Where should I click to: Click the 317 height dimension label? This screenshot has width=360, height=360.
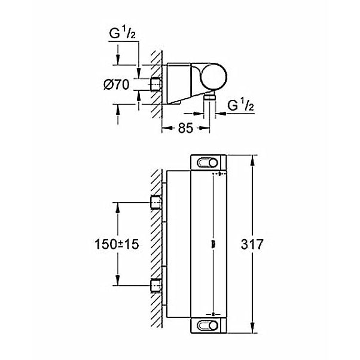click(x=252, y=244)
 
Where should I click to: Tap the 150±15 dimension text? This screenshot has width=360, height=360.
click(x=117, y=244)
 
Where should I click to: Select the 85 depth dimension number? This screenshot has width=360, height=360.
click(x=185, y=128)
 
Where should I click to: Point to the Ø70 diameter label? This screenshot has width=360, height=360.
click(x=117, y=84)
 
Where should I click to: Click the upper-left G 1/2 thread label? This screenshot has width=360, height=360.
click(x=123, y=33)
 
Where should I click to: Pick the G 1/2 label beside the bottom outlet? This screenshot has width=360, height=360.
click(x=240, y=106)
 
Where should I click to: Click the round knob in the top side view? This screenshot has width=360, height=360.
click(x=214, y=76)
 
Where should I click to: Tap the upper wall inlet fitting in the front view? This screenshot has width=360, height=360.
click(x=156, y=202)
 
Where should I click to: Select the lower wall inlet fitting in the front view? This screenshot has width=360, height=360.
click(x=156, y=285)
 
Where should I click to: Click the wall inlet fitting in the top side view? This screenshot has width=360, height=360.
click(x=156, y=84)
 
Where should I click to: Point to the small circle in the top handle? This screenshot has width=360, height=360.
click(x=213, y=163)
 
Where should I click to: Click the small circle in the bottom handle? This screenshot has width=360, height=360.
click(x=213, y=325)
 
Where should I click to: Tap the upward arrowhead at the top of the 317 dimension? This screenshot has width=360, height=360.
click(x=252, y=160)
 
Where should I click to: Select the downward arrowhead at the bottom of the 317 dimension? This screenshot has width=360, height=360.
click(x=252, y=328)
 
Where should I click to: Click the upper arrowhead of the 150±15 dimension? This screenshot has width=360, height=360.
click(x=118, y=208)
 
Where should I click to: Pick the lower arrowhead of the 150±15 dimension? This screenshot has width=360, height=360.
click(x=118, y=280)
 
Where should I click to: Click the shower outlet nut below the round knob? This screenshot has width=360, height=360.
click(x=209, y=97)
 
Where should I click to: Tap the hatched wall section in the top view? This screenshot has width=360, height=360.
click(x=156, y=84)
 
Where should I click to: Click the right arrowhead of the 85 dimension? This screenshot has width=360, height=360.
click(x=205, y=128)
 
